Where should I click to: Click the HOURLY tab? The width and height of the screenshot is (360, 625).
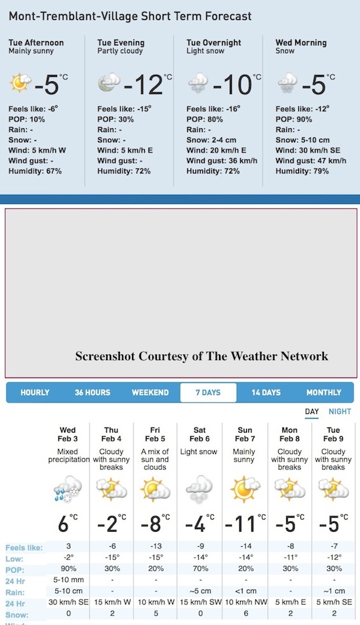pos(35,393)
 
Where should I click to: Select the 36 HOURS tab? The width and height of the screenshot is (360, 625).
pos(92,393)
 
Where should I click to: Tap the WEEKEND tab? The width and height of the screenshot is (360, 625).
pos(150,393)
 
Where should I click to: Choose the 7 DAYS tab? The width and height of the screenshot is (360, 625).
pos(208,393)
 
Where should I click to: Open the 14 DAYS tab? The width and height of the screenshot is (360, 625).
pos(265,393)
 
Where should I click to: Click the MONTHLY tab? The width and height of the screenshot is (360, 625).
pos(324,393)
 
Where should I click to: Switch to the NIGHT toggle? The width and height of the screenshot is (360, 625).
pos(340,412)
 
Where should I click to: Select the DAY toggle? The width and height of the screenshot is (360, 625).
pos(312,412)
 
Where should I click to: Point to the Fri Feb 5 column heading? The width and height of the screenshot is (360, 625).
pos(154,434)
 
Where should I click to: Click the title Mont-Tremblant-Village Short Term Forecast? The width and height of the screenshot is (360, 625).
pos(130,17)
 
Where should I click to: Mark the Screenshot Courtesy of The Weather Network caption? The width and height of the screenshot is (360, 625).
pos(201,356)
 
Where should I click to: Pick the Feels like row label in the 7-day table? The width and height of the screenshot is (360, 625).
pos(24,548)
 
